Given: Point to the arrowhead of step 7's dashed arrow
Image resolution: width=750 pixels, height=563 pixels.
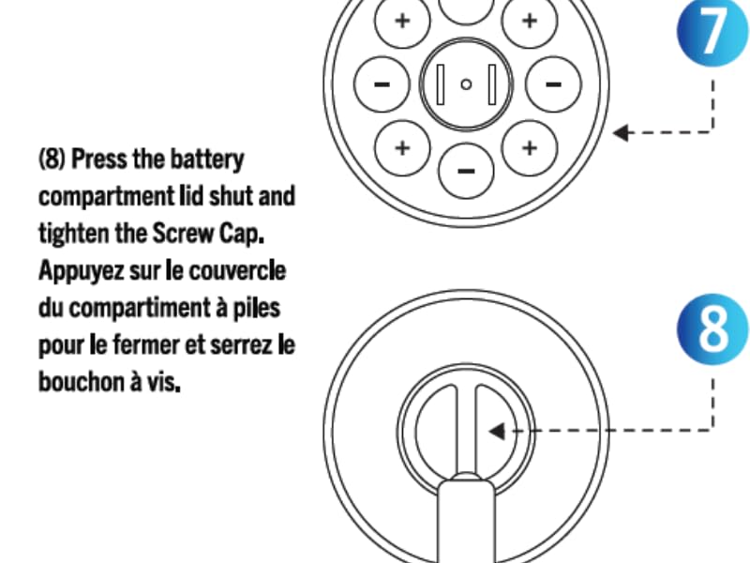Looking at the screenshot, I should [621, 132].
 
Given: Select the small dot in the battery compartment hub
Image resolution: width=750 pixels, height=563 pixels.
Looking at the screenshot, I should [466, 84].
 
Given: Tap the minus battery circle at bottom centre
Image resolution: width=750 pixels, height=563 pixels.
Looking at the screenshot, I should [466, 171].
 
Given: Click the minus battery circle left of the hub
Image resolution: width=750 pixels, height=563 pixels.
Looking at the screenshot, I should [382, 84].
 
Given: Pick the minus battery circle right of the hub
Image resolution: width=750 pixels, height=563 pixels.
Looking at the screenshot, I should [553, 84].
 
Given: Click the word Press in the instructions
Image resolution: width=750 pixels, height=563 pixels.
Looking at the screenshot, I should [98, 159].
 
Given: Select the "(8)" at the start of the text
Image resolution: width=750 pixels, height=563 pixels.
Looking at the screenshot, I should [52, 159].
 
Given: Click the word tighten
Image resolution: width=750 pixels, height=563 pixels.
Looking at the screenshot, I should [75, 234].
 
